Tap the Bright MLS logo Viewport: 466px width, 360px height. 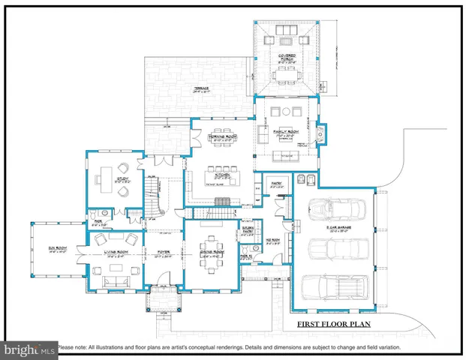[29, 349]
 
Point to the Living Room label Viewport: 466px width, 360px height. [116, 255]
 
